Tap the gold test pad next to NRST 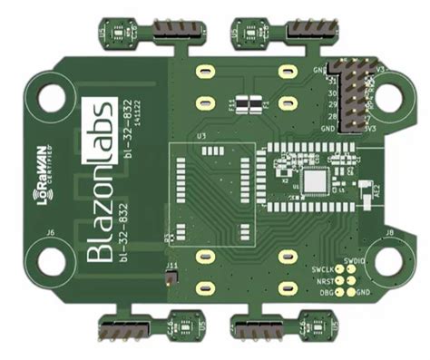[339, 281]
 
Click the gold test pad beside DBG [339, 292]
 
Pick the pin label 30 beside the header [331, 93]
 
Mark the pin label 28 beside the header [331, 117]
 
